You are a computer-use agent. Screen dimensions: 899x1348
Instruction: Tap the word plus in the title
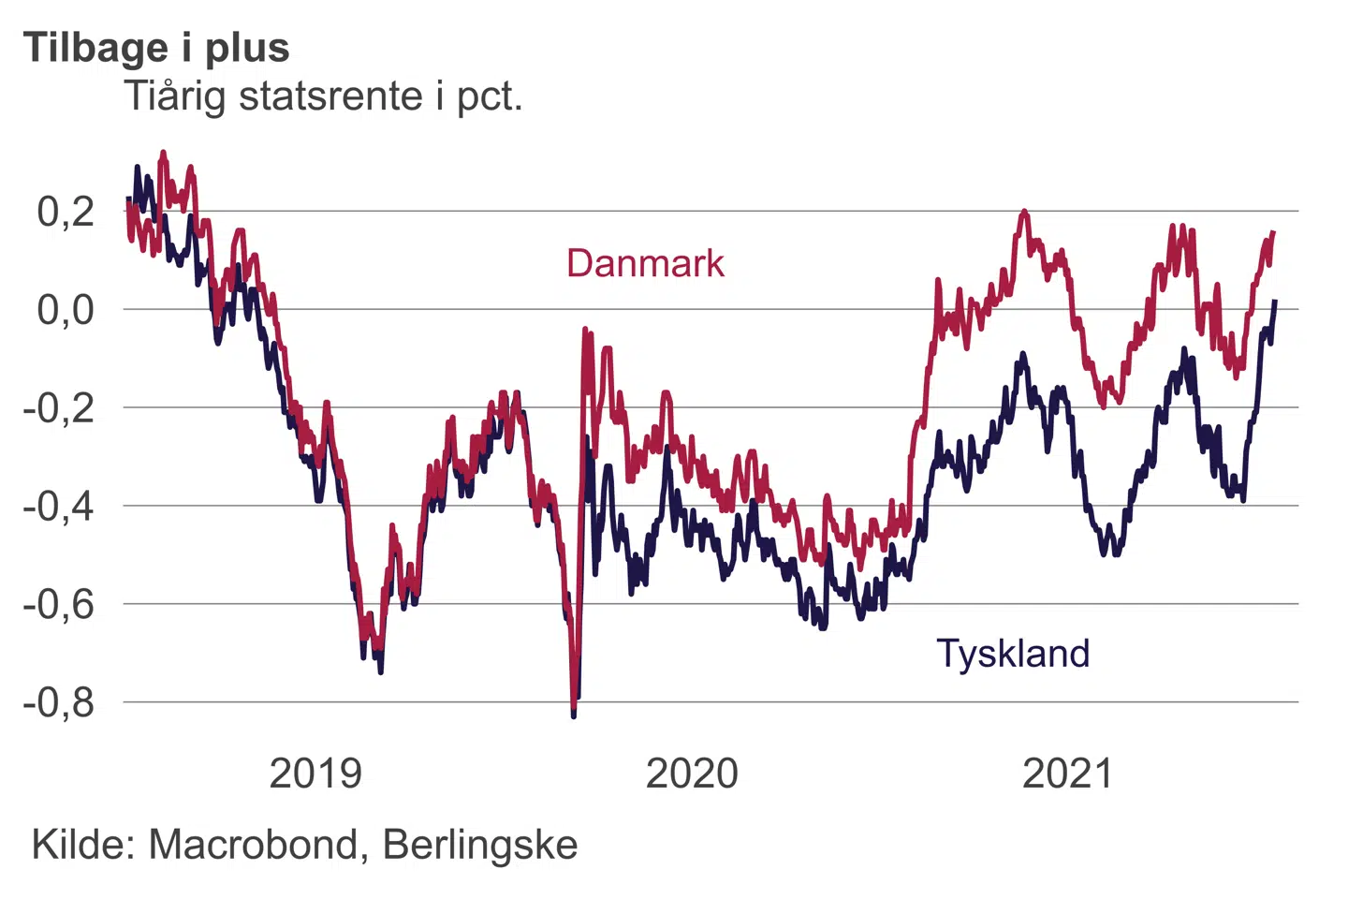247,48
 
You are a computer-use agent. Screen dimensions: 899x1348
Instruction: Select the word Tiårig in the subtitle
176,96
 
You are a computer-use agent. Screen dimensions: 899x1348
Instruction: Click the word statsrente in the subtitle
330,96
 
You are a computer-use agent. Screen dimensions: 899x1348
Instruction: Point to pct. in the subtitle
490,96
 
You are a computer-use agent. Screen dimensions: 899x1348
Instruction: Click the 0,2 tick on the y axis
66,212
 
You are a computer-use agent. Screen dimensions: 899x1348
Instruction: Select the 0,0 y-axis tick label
66,310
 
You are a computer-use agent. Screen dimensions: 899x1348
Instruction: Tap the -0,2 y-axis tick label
59,408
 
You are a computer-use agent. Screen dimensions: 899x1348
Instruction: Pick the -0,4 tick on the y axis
59,507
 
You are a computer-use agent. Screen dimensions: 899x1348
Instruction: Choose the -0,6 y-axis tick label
59,605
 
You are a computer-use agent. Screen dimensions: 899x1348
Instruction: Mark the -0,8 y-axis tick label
59,702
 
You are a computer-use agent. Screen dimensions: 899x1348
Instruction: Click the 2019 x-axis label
315,774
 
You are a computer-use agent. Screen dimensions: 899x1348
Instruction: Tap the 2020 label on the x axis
692,774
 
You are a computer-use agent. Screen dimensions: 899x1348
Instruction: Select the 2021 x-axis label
1068,774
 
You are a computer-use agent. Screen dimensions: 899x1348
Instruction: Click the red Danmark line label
645,264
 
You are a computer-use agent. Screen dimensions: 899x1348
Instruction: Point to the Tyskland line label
1013,654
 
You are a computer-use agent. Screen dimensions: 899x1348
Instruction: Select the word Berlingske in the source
480,845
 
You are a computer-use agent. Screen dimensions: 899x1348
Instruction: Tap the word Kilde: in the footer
84,845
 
